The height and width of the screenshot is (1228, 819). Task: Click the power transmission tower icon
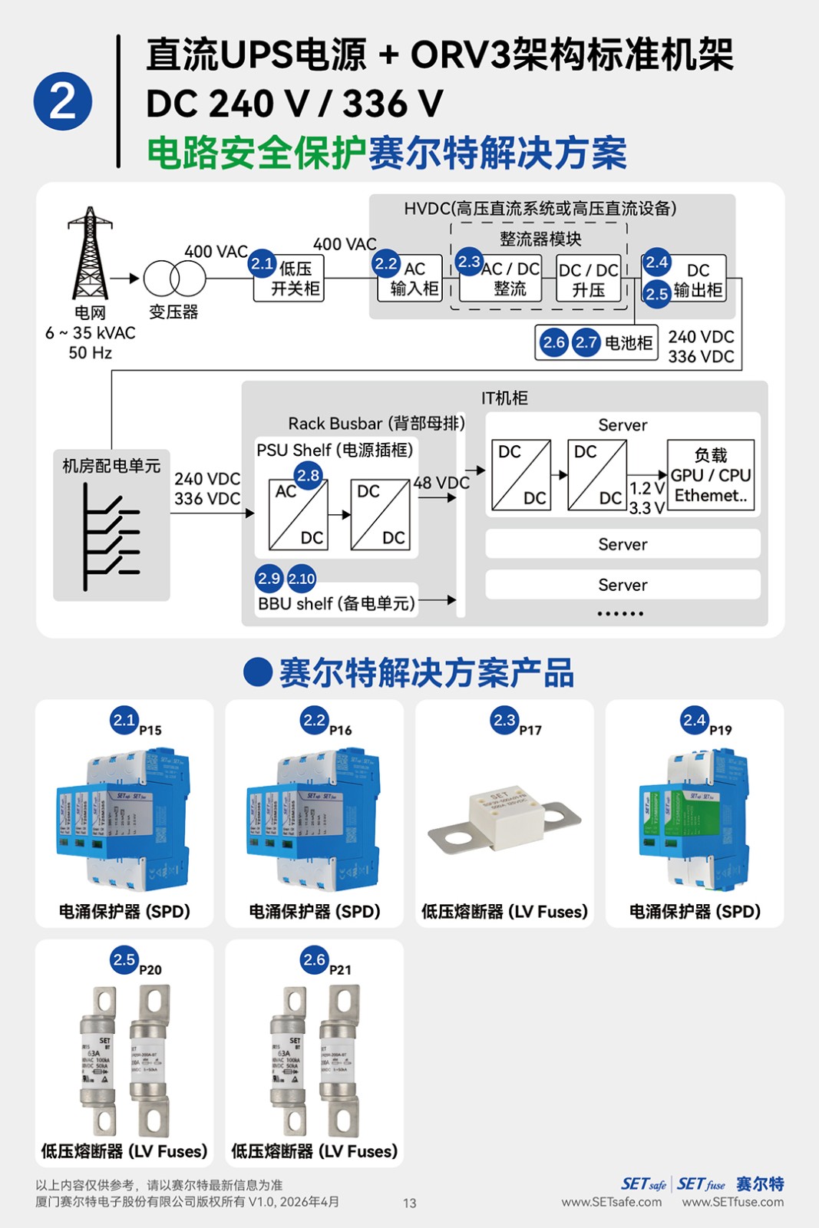(x=90, y=253)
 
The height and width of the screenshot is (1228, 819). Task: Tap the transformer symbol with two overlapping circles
(x=175, y=278)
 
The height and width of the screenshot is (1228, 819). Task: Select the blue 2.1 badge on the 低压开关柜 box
(x=263, y=263)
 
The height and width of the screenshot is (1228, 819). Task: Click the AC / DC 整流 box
(x=510, y=279)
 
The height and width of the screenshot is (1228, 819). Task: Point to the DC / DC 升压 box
(x=589, y=279)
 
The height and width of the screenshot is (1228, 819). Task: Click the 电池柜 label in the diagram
(x=629, y=342)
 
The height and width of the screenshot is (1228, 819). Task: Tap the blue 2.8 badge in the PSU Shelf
(x=308, y=476)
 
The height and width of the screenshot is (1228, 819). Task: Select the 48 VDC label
(x=441, y=483)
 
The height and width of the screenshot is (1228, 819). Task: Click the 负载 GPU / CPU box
(x=711, y=475)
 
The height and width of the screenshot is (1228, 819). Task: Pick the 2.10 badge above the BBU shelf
(x=302, y=579)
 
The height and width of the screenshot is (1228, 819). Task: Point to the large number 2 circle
(x=63, y=101)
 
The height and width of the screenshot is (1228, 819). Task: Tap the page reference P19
(x=720, y=730)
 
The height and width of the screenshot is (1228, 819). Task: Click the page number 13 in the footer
(x=410, y=1203)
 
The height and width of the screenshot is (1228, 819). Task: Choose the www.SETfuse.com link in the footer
(x=733, y=1202)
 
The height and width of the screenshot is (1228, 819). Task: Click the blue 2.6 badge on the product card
(x=314, y=959)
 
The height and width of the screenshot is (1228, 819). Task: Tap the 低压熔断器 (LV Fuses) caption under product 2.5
(x=124, y=1151)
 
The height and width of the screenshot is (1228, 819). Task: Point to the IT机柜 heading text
(x=504, y=398)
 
